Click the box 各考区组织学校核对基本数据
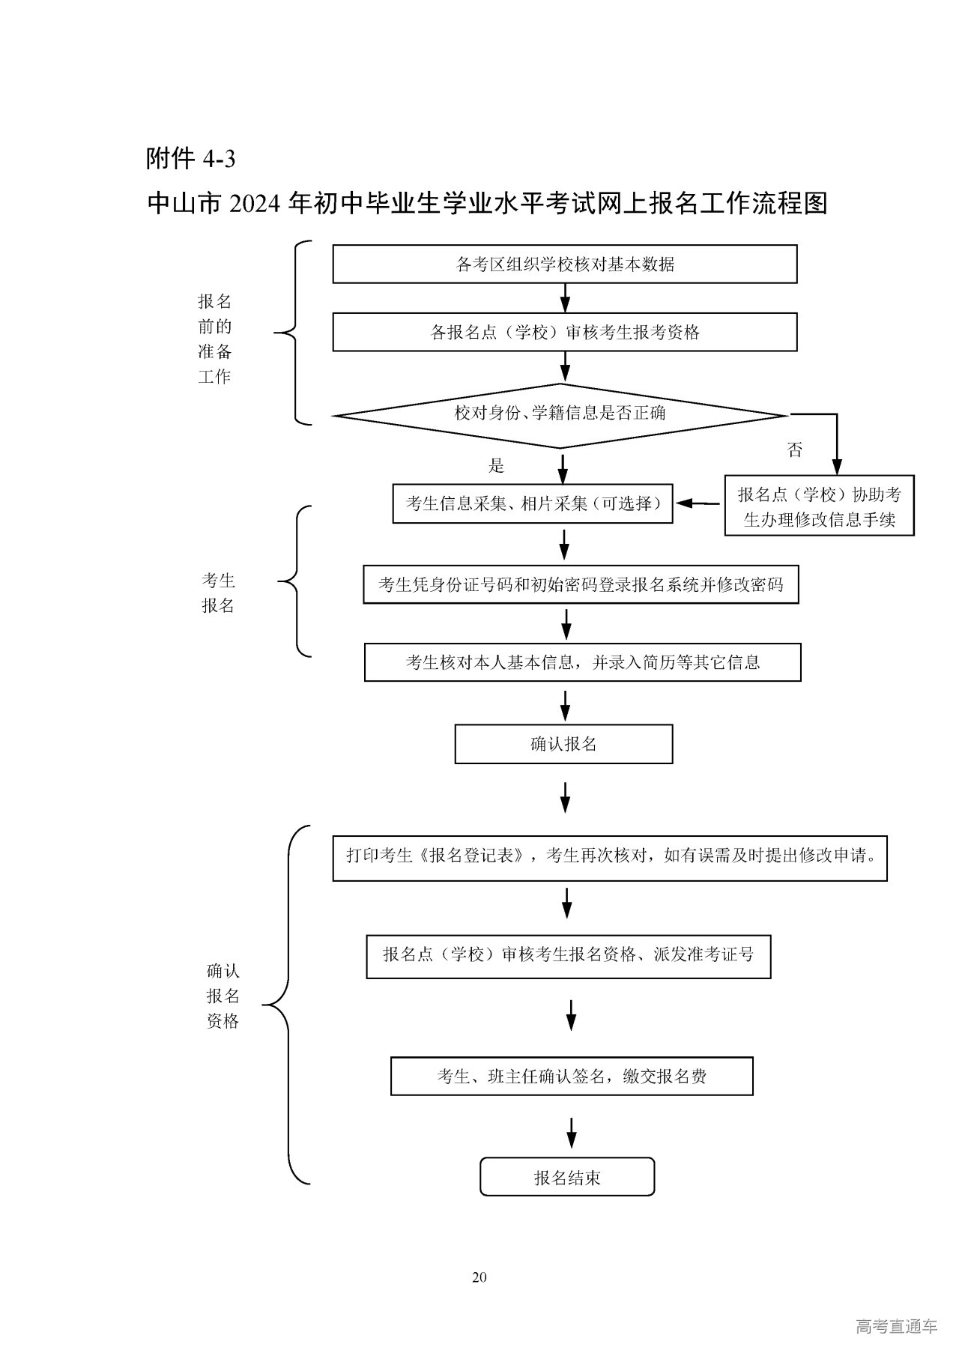tap(564, 264)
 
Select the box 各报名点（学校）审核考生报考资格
tap(564, 332)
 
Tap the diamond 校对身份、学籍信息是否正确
tap(560, 414)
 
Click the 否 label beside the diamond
tap(795, 450)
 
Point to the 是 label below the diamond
tap(497, 466)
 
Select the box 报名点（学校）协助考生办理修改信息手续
tap(820, 506)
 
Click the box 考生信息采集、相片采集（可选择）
tap(533, 503)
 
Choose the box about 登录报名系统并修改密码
tap(581, 584)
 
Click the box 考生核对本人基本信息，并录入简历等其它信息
tap(582, 662)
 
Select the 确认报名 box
tap(563, 744)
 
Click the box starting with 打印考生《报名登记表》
tap(610, 856)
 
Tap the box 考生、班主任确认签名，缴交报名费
tap(572, 1077)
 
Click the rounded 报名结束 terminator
tap(567, 1178)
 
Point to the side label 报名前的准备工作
tap(215, 339)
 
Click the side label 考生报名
tap(218, 593)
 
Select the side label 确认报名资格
tap(223, 996)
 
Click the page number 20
tap(479, 1277)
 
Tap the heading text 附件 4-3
tap(191, 159)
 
